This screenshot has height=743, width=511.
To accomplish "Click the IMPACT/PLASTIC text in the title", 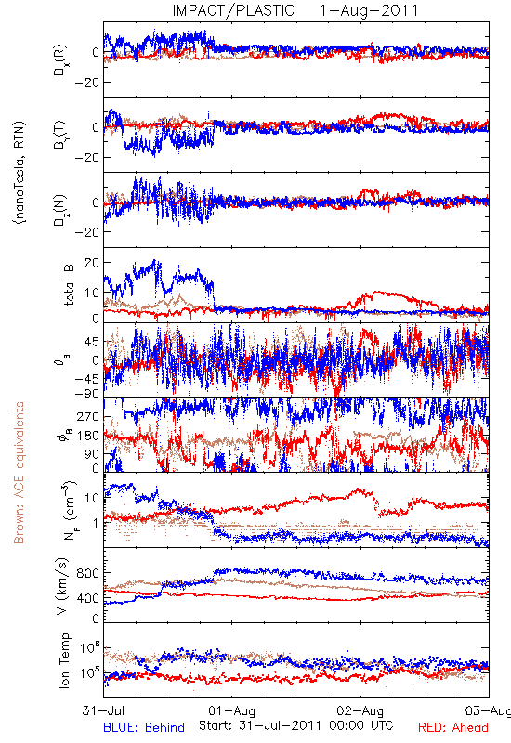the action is [233, 10].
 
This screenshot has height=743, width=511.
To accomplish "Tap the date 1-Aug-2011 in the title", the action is [369, 10].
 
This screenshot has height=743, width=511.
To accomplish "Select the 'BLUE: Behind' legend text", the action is [144, 727].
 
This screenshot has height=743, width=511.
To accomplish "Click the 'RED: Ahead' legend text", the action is [452, 727].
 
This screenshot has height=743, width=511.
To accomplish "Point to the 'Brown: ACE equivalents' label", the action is [19, 473].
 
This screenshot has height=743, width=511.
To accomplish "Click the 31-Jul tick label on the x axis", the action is [103, 710].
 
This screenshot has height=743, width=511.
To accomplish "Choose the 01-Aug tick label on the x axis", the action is [231, 710].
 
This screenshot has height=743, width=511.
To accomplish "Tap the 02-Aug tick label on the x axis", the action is [360, 710].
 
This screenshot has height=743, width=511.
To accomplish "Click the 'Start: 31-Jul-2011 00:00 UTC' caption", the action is [296, 725].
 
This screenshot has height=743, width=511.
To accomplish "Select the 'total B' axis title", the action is [69, 285].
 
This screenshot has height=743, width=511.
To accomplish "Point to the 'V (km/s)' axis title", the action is [62, 586].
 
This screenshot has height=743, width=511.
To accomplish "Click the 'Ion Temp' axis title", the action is [64, 660].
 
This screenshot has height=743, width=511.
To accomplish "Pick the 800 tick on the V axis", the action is [88, 573].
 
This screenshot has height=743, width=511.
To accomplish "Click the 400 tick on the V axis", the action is [88, 598].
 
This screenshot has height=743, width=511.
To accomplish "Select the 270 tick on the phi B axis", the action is [88, 417].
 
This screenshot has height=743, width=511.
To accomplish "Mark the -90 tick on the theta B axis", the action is [86, 393].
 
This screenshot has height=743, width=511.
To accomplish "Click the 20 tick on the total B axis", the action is [91, 263].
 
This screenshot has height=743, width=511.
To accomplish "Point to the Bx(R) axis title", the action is [60, 60].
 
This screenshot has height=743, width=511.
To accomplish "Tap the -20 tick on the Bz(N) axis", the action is [86, 233].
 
